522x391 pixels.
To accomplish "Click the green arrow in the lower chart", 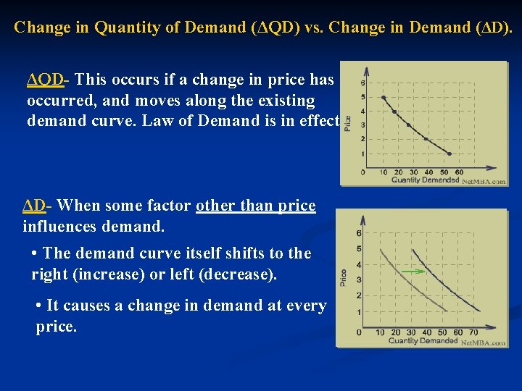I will pyautogui.click(x=413, y=272).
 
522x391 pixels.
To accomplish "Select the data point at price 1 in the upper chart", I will pyautogui.click(x=449, y=154).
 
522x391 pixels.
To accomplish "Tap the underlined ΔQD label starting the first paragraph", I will pyautogui.click(x=45, y=79).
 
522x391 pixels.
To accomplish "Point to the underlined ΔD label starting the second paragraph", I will pyautogui.click(x=34, y=206).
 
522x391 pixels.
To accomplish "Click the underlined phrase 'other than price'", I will pyautogui.click(x=256, y=206).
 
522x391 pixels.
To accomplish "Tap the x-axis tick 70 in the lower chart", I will pyautogui.click(x=473, y=332).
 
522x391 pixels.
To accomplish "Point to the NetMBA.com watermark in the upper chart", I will pyautogui.click(x=484, y=181).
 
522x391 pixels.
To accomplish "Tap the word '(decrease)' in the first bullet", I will pyautogui.click(x=237, y=275).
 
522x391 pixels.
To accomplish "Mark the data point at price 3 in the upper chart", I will pyautogui.click(x=408, y=125).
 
